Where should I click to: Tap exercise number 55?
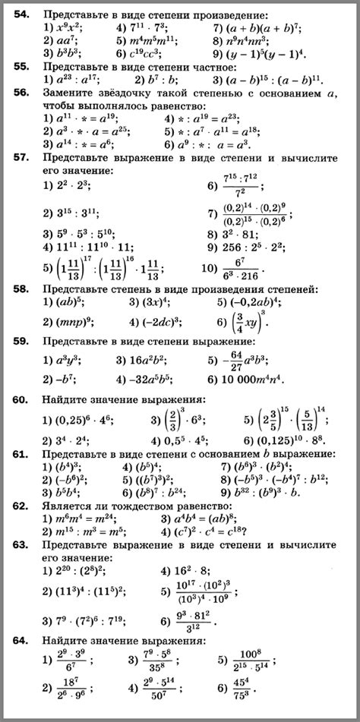click(22, 66)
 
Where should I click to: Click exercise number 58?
click(22, 290)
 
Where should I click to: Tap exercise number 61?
click(22, 455)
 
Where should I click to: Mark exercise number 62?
click(22, 505)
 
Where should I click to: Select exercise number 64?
click(22, 642)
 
